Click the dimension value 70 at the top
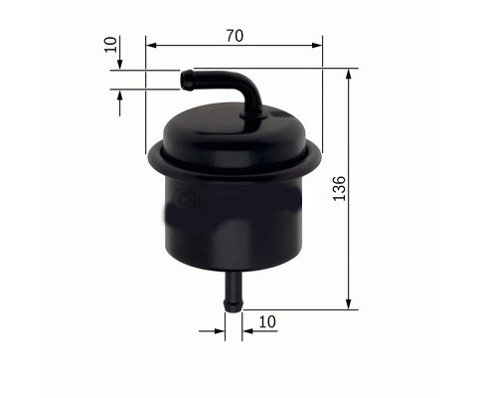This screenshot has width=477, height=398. coord(235,36)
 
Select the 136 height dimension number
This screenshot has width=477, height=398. coord(339,188)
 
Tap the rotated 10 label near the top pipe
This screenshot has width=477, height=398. coord(110,45)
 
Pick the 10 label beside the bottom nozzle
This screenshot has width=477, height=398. coord(267,321)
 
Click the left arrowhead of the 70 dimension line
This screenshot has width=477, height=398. coord(151,46)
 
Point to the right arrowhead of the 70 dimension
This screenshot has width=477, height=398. coord(317,46)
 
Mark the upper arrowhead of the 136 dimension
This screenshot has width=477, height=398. coord(348,74)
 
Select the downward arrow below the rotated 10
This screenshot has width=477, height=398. coord(120,53)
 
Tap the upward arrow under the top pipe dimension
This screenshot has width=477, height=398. coord(120,103)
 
